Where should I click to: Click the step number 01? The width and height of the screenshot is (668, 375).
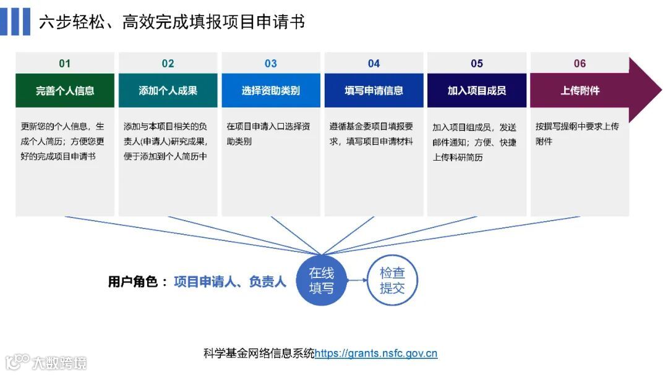(65, 64)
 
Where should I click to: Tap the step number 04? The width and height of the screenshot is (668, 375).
(374, 64)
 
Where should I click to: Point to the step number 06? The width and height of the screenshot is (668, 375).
(580, 64)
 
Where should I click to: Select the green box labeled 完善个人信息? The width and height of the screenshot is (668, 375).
(65, 91)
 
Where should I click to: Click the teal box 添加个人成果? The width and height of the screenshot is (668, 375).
(168, 91)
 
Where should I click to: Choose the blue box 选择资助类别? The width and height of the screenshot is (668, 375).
(271, 91)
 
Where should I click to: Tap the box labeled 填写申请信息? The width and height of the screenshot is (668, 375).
(374, 91)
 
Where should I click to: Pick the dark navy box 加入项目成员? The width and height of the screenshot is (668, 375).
(477, 91)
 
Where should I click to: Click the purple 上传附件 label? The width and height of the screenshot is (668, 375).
(580, 91)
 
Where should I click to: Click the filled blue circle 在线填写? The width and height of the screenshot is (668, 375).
(322, 280)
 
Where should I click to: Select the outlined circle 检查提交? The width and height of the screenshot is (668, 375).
(393, 280)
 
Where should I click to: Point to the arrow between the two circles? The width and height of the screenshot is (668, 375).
(357, 280)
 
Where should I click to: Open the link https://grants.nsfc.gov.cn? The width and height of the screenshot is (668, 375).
(376, 354)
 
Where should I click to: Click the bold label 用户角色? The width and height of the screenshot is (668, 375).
(137, 282)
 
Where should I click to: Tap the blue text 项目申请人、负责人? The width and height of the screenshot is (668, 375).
(230, 282)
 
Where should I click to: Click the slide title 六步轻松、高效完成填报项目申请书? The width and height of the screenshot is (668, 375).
(172, 22)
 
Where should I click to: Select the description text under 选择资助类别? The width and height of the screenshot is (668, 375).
(268, 133)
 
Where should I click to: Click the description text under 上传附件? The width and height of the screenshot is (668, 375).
(577, 133)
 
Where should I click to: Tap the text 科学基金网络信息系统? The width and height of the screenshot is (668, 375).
(259, 354)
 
